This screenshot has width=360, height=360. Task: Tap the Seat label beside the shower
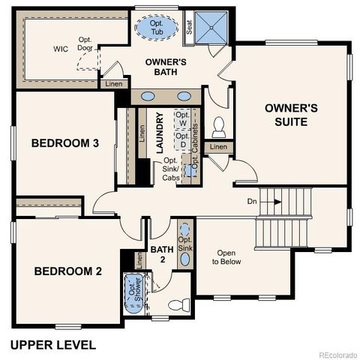(189, 27)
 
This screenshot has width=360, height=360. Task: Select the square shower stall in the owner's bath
(213, 28)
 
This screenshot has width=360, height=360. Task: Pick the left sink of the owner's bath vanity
(148, 97)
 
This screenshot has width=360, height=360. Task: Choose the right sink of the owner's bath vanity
(184, 97)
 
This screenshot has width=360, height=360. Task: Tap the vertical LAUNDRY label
(160, 133)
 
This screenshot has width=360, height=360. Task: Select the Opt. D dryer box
(183, 140)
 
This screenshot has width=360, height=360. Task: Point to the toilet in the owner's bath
(219, 125)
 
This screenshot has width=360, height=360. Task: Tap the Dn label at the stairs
(253, 202)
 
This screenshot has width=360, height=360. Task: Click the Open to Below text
(226, 257)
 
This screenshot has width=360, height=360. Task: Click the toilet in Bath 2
(177, 305)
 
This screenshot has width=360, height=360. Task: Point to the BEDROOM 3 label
(65, 143)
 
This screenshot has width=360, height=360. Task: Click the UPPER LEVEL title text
(52, 345)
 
